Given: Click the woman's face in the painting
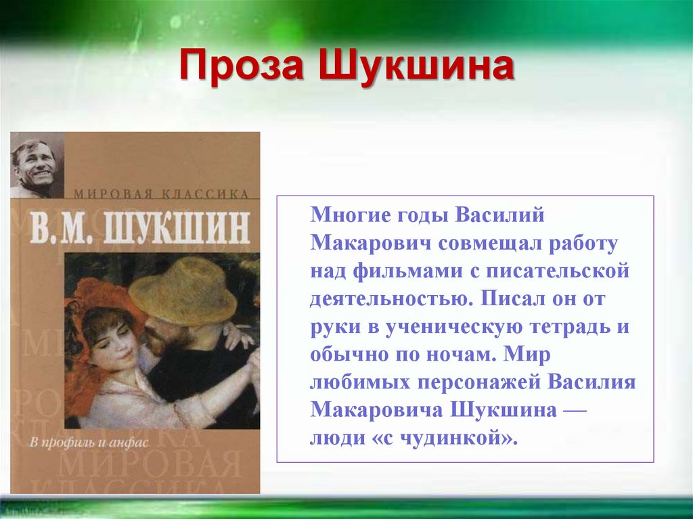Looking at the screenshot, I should point(112,338).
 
